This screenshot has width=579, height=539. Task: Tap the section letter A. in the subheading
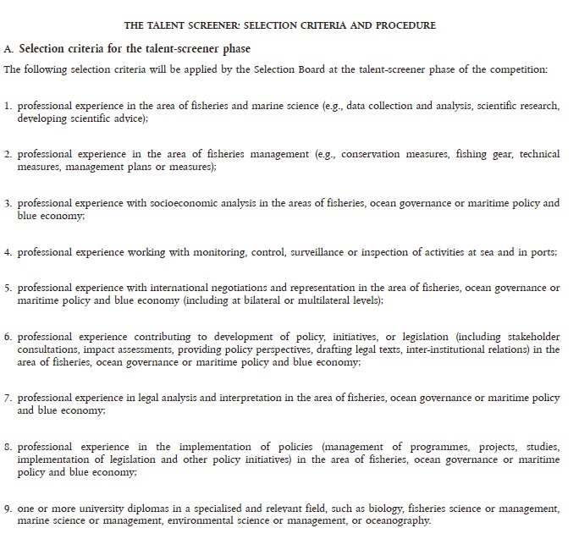[9, 49]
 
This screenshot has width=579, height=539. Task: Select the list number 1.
[8, 107]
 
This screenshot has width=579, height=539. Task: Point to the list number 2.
[8, 155]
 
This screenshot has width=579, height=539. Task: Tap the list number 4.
[8, 252]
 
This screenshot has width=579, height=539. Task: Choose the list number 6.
[8, 337]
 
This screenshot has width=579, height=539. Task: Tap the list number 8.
[8, 446]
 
